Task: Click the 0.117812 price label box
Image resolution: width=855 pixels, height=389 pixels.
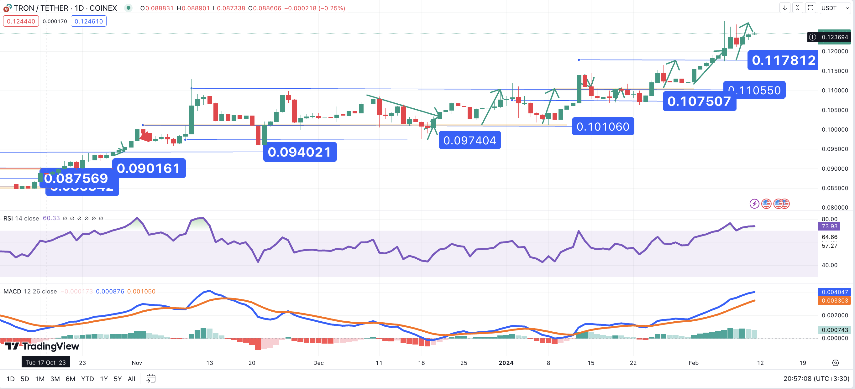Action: [x=783, y=60]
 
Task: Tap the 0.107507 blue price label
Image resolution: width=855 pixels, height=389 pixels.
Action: [x=699, y=101]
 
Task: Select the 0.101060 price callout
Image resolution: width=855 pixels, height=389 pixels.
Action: [x=603, y=126]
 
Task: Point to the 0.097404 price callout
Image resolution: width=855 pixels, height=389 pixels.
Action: [x=469, y=140]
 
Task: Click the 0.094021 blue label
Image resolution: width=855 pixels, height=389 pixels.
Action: [x=299, y=152]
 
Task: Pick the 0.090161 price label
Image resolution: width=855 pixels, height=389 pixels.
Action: [x=148, y=168]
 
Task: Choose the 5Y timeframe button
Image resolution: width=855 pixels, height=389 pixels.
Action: [x=118, y=379]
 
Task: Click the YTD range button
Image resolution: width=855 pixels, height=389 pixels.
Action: [x=87, y=379]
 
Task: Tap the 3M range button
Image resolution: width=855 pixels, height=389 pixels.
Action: [x=55, y=379]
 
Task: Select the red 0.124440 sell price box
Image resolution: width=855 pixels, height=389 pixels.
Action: [x=21, y=21]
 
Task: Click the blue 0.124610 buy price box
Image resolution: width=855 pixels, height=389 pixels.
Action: [x=89, y=21]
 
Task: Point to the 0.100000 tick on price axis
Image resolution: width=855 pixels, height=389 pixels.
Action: [x=834, y=129]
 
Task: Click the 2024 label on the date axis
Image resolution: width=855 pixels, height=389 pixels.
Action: [x=506, y=363]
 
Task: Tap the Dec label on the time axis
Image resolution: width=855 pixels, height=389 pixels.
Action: [x=318, y=363]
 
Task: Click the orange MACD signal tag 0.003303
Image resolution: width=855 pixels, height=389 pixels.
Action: [x=834, y=300]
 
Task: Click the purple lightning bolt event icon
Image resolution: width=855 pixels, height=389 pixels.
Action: [x=754, y=204]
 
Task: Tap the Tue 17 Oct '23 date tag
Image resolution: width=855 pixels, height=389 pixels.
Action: [x=46, y=362]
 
